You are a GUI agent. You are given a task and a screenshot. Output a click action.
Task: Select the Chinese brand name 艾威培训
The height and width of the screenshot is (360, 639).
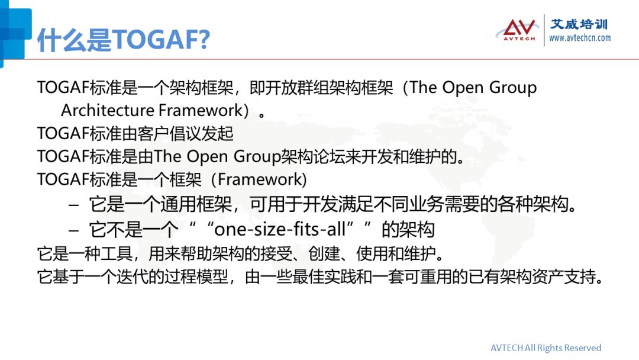pyautogui.click(x=579, y=24)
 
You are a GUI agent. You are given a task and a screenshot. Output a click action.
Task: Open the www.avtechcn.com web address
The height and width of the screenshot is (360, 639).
pyautogui.click(x=580, y=38)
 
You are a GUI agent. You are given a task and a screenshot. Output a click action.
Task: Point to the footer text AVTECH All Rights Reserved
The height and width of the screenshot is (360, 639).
pyautogui.click(x=546, y=348)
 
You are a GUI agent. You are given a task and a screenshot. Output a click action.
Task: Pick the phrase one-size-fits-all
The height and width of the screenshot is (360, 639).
pyautogui.click(x=280, y=229)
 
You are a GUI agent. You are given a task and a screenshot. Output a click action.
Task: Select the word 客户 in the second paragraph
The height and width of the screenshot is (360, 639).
pyautogui.click(x=153, y=133)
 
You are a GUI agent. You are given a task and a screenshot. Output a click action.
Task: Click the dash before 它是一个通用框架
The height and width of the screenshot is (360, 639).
pyautogui.click(x=74, y=205)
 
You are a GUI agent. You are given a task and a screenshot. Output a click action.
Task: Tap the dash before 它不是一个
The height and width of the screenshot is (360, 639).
pyautogui.click(x=74, y=230)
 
